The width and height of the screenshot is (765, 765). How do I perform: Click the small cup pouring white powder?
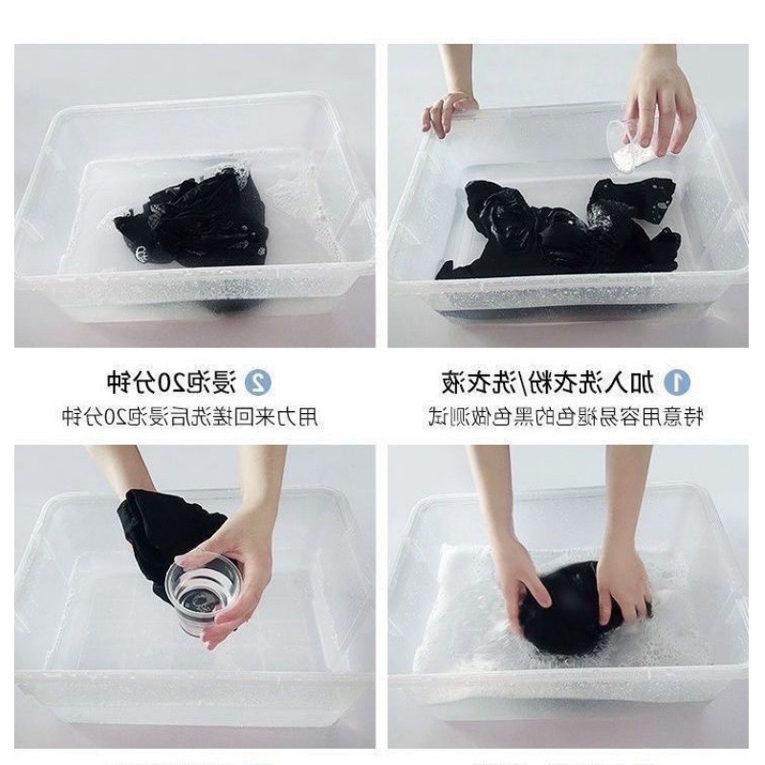pos(630,146)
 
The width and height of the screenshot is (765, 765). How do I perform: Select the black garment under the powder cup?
pos(557,229)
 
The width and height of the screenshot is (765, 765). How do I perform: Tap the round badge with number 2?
pos(257,382)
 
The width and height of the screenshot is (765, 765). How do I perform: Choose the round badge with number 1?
pos(677,382)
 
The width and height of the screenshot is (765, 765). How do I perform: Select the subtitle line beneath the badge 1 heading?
pos(566,417)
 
